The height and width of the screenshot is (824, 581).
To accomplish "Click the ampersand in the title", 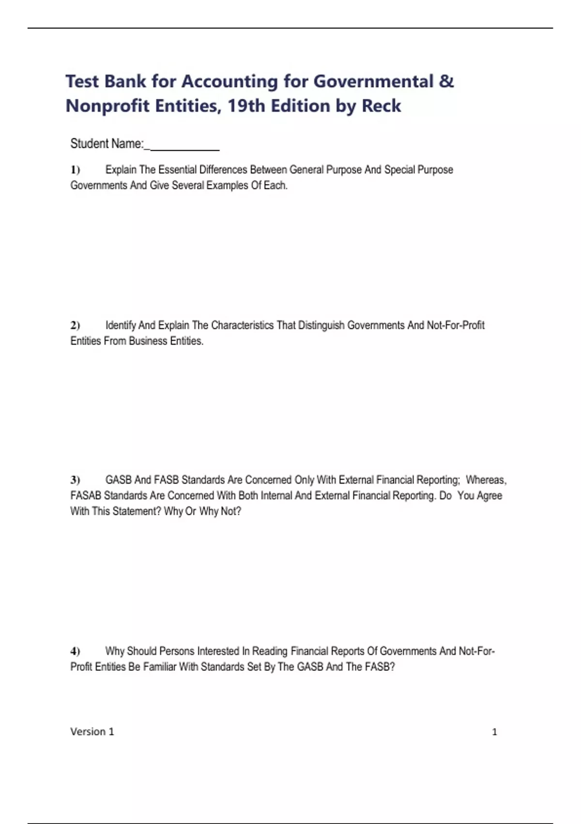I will (x=446, y=81).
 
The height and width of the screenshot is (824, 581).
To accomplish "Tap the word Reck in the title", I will (x=381, y=106).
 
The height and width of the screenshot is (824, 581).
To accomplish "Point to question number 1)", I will (x=75, y=170).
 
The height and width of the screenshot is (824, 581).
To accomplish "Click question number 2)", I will (x=75, y=325).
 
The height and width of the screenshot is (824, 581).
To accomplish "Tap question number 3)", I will (x=75, y=480).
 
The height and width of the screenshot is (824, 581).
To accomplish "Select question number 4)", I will (x=75, y=651).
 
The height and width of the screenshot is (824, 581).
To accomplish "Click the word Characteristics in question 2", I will (x=242, y=325).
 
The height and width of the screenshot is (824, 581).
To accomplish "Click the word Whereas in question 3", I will (x=486, y=480).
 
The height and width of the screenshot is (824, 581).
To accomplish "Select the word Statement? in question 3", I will (x=137, y=511).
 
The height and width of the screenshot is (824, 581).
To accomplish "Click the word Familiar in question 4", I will (x=160, y=667).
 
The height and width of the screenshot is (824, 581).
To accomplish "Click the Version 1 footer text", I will (x=92, y=732).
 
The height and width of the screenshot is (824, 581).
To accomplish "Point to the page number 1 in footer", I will (x=494, y=732).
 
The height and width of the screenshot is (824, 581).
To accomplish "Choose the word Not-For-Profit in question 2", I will (x=455, y=325).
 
